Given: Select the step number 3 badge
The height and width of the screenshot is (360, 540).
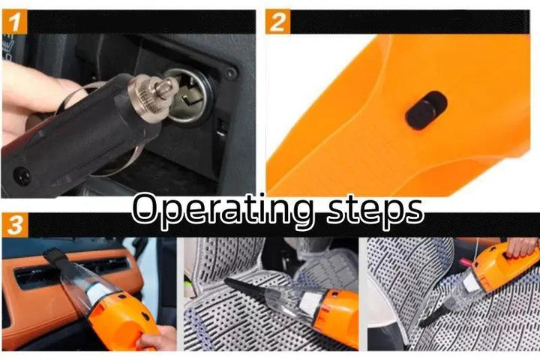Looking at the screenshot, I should click(x=13, y=224).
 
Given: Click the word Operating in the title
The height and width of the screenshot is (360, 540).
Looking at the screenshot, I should click(x=222, y=211).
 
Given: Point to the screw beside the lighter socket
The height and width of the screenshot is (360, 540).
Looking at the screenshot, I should click(x=231, y=73).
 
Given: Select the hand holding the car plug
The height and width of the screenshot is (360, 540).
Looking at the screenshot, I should click(x=30, y=97).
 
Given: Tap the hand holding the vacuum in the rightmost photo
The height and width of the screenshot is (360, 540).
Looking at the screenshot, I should click(x=522, y=247).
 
